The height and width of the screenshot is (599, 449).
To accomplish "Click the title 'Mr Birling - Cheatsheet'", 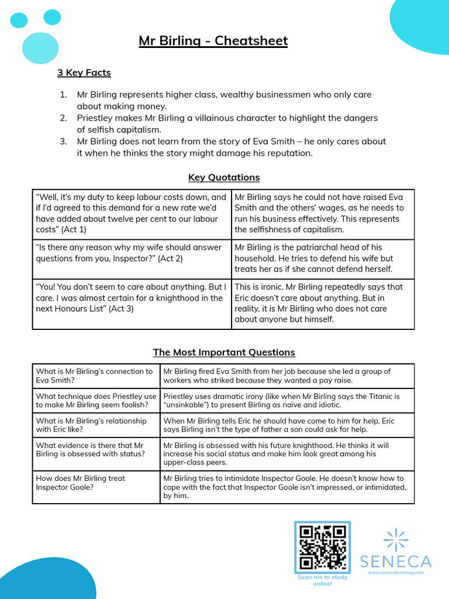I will tap(213, 41).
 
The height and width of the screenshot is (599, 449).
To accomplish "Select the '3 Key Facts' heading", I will tap(84, 73).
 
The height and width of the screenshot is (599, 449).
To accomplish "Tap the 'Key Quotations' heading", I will tap(224, 177).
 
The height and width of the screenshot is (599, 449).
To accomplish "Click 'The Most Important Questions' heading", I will tap(224, 352).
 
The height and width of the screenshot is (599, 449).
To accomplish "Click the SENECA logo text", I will tap(396, 562).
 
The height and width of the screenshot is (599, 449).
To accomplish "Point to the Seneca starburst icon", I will tap(396, 539).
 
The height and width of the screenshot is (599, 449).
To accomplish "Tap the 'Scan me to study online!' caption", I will tap(322, 580).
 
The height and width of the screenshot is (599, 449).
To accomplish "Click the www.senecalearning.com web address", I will tap(396, 573).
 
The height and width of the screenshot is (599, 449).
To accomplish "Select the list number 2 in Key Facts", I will tap(63, 118).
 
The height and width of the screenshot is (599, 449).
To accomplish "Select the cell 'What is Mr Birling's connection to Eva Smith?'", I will tap(96, 376).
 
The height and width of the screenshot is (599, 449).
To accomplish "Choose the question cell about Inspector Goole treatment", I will tap(96, 483).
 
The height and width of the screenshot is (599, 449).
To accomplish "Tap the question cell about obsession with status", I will tap(96, 450).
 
